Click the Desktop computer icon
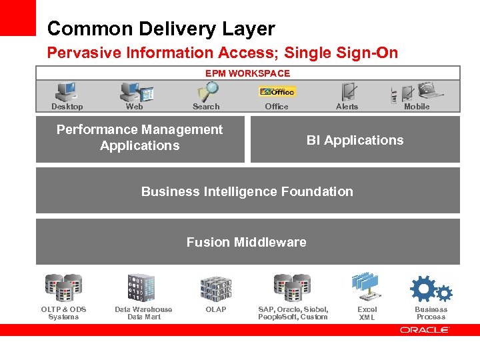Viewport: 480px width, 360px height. click(66, 91)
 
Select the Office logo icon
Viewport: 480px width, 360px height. click(277, 91)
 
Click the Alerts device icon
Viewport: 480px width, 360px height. click(347, 91)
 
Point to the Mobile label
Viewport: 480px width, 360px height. click(417, 107)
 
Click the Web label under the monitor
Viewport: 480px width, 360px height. click(134, 107)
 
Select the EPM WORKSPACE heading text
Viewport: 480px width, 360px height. click(247, 73)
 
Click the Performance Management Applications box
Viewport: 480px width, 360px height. click(140, 139)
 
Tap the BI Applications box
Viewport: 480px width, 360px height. click(355, 140)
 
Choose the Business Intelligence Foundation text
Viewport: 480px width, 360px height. click(247, 191)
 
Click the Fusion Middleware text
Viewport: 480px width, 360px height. click(247, 242)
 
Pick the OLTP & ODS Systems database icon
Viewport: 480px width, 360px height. click(63, 287)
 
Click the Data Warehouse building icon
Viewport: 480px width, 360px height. click(141, 287)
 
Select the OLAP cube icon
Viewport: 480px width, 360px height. click(216, 288)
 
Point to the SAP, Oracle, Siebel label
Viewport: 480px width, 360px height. click(293, 309)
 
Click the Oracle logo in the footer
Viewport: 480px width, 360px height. click(425, 329)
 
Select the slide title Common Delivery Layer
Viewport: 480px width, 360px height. click(161, 29)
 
